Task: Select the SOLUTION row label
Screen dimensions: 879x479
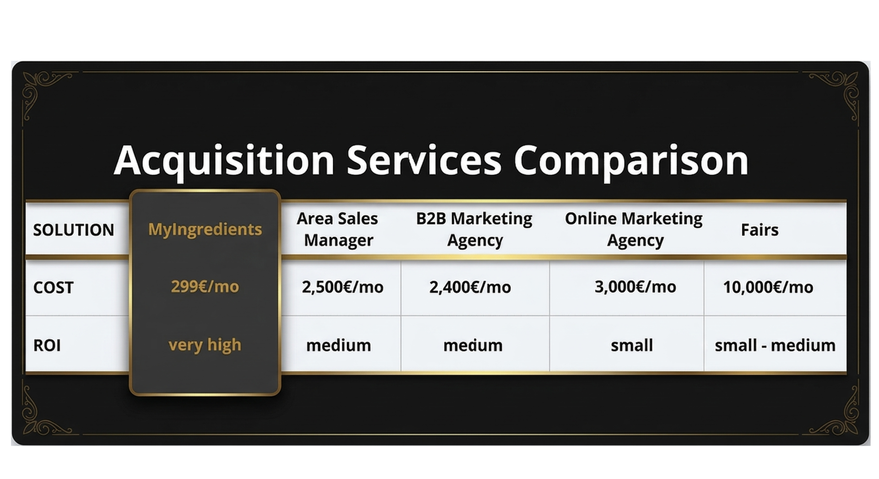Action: pyautogui.click(x=74, y=230)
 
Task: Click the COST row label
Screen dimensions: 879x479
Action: pyautogui.click(x=53, y=287)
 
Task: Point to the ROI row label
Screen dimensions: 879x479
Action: pyautogui.click(x=47, y=345)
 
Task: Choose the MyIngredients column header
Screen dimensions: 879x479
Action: pyautogui.click(x=205, y=229)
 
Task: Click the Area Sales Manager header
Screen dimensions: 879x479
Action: pyautogui.click(x=338, y=229)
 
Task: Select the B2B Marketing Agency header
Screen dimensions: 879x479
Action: pyautogui.click(x=474, y=229)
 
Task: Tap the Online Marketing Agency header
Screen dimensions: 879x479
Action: pyautogui.click(x=634, y=229)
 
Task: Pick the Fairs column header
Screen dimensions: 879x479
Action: pyautogui.click(x=760, y=230)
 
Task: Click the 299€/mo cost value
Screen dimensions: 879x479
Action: pyautogui.click(x=205, y=286)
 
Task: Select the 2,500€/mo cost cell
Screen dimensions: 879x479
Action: pyautogui.click(x=342, y=287)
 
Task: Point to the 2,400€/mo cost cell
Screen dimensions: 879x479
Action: pyautogui.click(x=470, y=287)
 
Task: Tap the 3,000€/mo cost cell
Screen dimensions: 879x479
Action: pyautogui.click(x=635, y=287)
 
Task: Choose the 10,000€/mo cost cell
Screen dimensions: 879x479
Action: pyautogui.click(x=768, y=287)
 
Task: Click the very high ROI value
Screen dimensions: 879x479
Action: pyautogui.click(x=205, y=345)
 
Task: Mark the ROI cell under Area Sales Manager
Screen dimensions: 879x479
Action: pyautogui.click(x=339, y=345)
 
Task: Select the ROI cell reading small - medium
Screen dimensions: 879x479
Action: pyautogui.click(x=775, y=345)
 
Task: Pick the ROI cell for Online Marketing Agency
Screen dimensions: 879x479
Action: pyautogui.click(x=632, y=345)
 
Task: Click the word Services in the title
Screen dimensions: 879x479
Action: pyautogui.click(x=424, y=160)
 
